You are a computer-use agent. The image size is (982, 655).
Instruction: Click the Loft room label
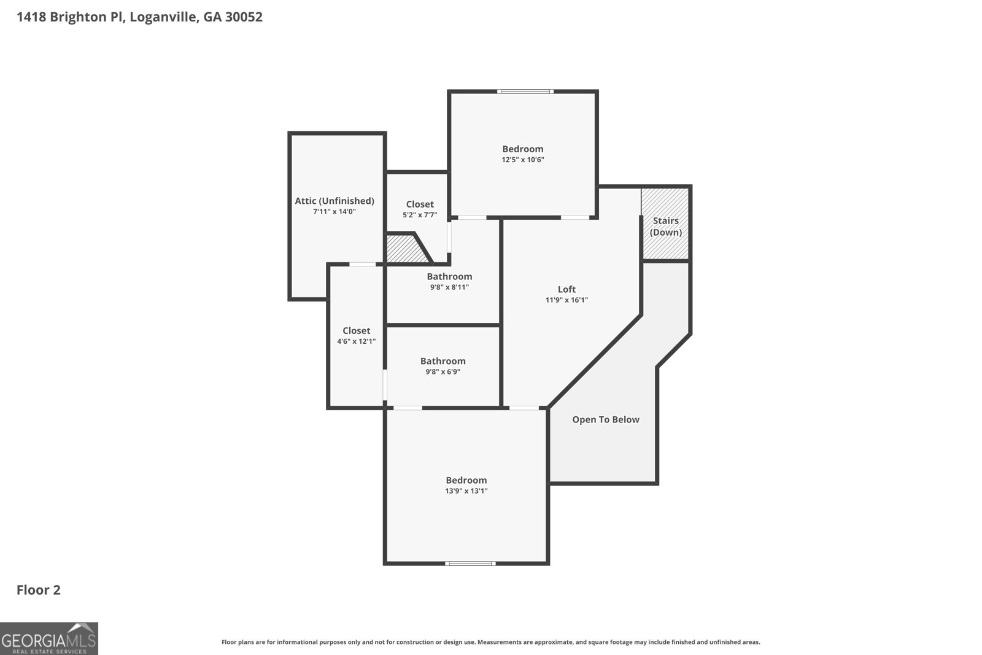click(x=566, y=289)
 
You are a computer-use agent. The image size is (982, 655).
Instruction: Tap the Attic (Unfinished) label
click(x=334, y=201)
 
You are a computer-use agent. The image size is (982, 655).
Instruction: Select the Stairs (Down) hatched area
click(x=665, y=224)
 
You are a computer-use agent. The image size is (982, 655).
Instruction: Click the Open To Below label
click(x=605, y=419)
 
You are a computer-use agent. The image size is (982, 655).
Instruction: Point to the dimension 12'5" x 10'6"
click(x=523, y=160)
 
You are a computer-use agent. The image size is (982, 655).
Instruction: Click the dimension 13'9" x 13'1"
click(x=466, y=490)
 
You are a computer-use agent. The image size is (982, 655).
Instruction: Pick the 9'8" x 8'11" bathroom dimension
click(x=449, y=287)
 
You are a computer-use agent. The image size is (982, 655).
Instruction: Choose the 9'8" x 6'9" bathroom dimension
click(x=443, y=372)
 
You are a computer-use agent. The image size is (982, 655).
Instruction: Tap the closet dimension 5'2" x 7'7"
click(x=420, y=215)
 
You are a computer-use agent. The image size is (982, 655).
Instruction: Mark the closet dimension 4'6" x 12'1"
click(x=357, y=341)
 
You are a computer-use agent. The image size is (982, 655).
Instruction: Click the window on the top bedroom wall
click(x=525, y=91)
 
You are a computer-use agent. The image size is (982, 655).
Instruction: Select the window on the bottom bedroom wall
click(x=470, y=564)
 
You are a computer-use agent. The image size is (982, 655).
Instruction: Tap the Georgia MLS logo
click(x=48, y=638)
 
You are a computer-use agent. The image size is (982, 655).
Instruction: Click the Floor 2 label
click(x=39, y=590)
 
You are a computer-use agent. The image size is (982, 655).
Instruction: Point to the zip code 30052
click(x=244, y=17)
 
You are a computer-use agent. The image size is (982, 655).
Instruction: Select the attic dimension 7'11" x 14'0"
click(x=334, y=211)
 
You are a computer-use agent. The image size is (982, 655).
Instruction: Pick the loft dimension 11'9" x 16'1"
click(x=566, y=300)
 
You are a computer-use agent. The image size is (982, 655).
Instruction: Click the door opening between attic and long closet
click(x=363, y=265)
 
